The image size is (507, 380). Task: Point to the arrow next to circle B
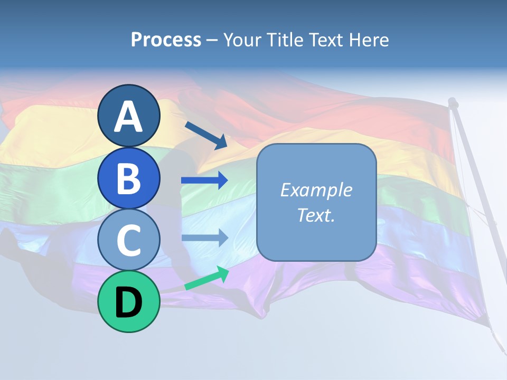click(x=204, y=180)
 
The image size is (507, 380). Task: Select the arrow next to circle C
click(x=204, y=237)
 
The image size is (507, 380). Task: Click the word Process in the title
click(x=166, y=40)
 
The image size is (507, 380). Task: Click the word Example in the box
click(x=316, y=190)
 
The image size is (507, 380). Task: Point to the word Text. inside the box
click(x=316, y=215)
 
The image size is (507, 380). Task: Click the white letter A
click(x=128, y=116)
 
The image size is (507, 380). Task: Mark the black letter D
click(x=128, y=302)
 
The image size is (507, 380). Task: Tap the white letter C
click(x=128, y=240)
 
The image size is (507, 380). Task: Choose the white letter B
click(x=128, y=178)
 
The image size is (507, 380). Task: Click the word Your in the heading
click(x=241, y=40)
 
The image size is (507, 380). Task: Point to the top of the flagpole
click(x=453, y=101)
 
